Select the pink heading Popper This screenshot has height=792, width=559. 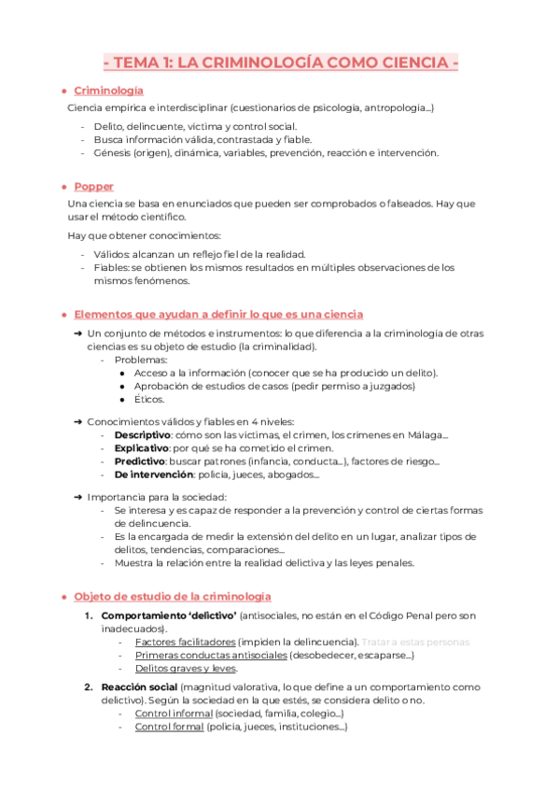tap(93, 186)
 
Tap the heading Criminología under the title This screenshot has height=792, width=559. tap(108, 91)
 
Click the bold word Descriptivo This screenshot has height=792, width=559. tap(143, 434)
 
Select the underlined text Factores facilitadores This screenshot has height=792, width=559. tap(185, 642)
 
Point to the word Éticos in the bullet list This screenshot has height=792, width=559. tap(149, 399)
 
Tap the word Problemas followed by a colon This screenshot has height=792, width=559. tap(141, 360)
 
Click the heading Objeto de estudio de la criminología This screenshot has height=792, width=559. tap(172, 595)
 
